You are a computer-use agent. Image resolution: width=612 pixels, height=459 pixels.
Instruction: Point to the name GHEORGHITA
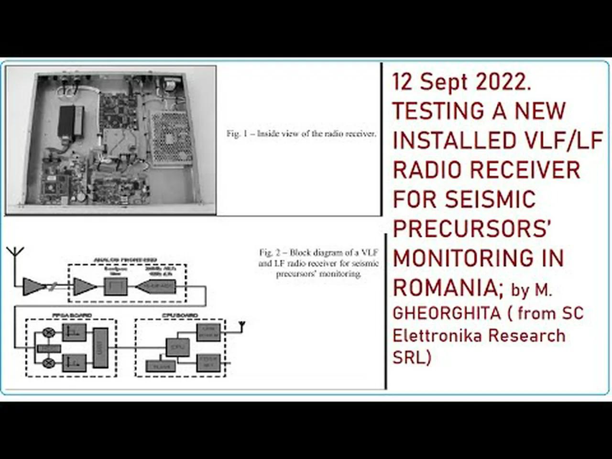tap(447, 313)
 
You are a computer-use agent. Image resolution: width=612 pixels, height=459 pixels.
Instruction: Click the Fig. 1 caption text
tap(301, 134)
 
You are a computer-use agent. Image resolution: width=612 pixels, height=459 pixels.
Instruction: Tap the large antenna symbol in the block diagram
tap(16, 254)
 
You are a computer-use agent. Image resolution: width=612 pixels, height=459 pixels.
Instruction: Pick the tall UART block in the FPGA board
tap(100, 348)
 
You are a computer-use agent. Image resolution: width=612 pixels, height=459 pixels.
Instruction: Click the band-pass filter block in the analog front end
tap(115, 286)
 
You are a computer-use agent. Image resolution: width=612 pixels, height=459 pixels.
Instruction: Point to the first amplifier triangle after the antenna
tap(33, 287)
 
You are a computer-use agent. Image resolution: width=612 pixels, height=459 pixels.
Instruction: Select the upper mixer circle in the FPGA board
tap(48, 332)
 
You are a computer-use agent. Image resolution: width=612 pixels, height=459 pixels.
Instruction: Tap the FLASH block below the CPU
tap(160, 366)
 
